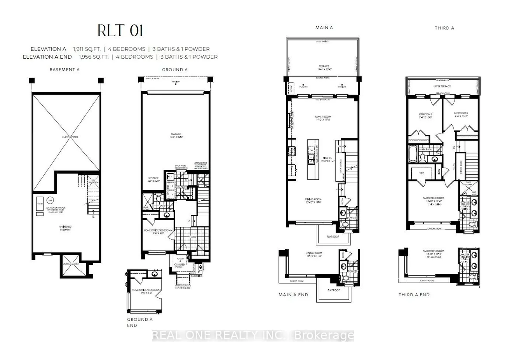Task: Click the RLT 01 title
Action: click(120, 31)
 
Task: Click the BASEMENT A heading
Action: click(64, 70)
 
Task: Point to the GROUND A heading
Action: click(175, 70)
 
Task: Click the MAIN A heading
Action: click(324, 28)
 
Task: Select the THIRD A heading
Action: click(444, 28)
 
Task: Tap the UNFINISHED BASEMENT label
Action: click(65, 228)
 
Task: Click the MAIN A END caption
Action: click(293, 295)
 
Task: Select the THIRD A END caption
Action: click(414, 295)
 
